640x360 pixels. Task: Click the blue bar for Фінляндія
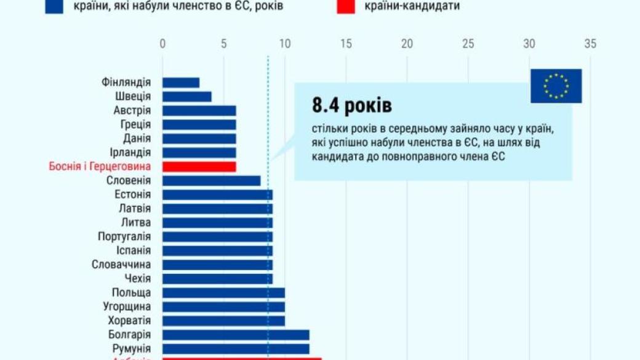click(x=181, y=82)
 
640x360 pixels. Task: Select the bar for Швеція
click(x=187, y=97)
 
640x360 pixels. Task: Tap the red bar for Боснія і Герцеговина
click(x=199, y=167)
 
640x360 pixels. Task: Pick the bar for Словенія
click(x=211, y=181)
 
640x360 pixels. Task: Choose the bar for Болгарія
click(x=236, y=335)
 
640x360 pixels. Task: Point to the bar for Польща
click(x=223, y=293)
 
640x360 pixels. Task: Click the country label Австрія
click(x=132, y=111)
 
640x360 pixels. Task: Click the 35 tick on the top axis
click(x=590, y=44)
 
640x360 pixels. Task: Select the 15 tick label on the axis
click(x=345, y=44)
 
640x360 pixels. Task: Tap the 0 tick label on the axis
click(x=162, y=44)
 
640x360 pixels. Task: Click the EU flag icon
click(x=556, y=86)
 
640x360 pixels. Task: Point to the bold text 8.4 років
click(x=351, y=106)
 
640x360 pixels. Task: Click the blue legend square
click(x=54, y=6)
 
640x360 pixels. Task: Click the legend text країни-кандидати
click(x=412, y=6)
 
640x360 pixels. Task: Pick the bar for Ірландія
click(x=199, y=153)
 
